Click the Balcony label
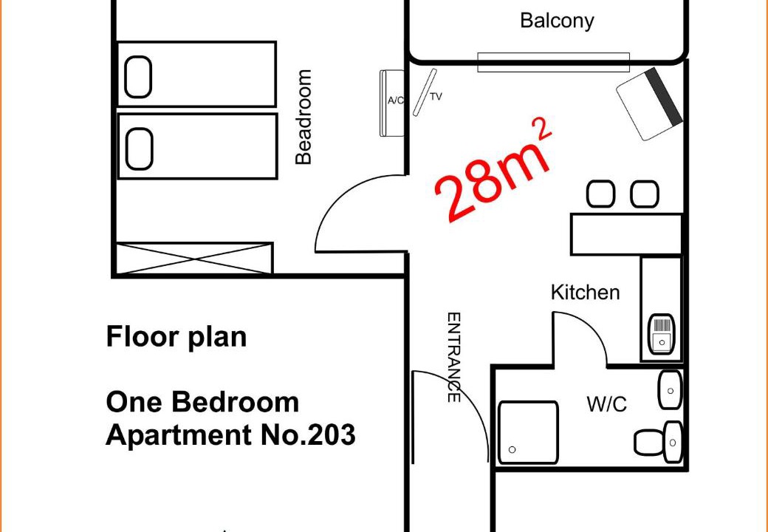tap(557, 21)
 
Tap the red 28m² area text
tap(494, 170)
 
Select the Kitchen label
tap(586, 293)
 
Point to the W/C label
tap(606, 405)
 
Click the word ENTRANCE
tap(454, 358)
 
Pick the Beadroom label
tap(304, 117)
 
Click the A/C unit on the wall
tap(392, 103)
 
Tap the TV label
tap(436, 97)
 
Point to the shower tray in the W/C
tap(529, 432)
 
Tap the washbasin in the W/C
tap(671, 390)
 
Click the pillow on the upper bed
tap(138, 77)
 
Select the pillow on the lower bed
tap(139, 149)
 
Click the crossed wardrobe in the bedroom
tap(194, 258)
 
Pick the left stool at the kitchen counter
tap(600, 194)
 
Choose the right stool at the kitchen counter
tap(645, 194)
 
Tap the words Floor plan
tap(176, 338)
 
